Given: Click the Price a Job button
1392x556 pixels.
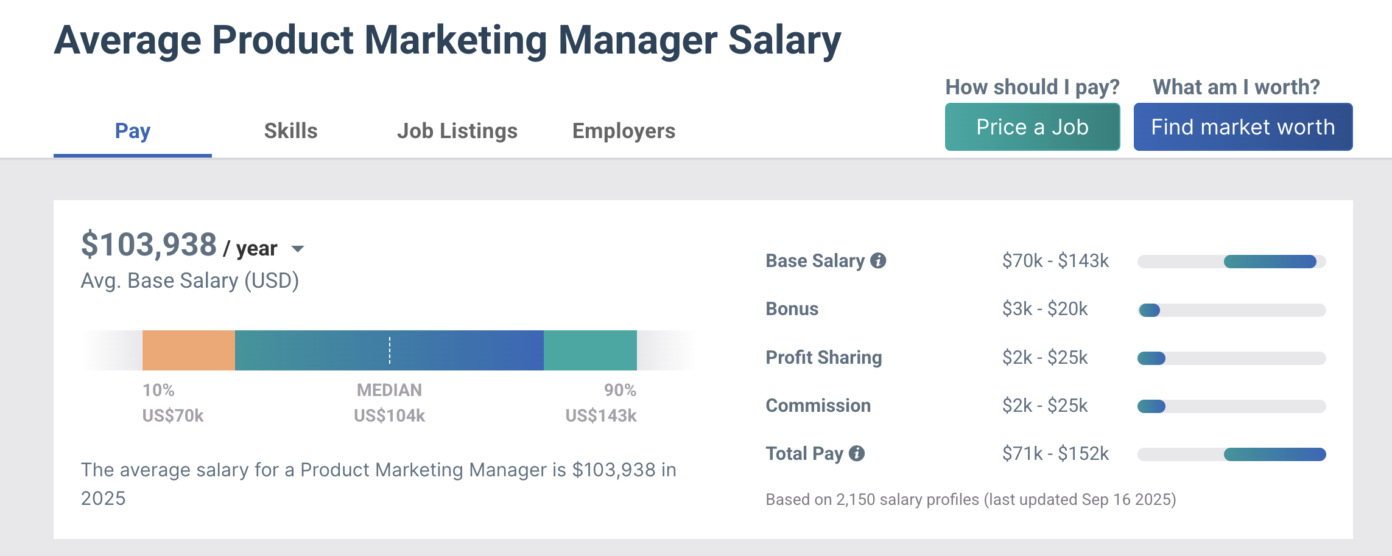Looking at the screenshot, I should coord(1032,127).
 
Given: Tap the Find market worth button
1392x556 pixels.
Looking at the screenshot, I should coord(1243,127).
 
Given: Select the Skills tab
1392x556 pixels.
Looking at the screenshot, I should coord(290,131).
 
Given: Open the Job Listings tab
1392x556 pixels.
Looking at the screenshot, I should coord(457,131).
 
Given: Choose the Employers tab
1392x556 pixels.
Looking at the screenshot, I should coord(624,131).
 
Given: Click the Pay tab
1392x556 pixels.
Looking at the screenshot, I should coord(133,131).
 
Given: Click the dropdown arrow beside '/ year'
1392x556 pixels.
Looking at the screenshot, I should coord(298,249).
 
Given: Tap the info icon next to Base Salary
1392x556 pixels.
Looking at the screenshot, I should coord(878,260).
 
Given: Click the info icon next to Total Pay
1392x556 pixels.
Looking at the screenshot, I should coord(857,453).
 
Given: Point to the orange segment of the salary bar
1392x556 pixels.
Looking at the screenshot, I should coord(189,350).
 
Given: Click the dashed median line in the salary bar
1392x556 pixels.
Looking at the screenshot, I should coord(390,350).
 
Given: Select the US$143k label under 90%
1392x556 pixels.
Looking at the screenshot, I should coord(600,415).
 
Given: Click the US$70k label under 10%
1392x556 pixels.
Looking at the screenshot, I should coord(173,415).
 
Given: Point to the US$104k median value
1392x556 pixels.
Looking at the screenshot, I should coord(389,415).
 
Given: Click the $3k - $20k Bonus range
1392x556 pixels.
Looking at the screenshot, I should coord(1045,309).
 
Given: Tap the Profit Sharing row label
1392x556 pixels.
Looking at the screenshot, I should coord(823,357).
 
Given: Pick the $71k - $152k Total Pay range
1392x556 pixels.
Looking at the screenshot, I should coord(1055,454).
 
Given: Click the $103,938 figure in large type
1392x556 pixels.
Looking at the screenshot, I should coord(149,245).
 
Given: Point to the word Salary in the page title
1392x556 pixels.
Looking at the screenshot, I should coord(784,40).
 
